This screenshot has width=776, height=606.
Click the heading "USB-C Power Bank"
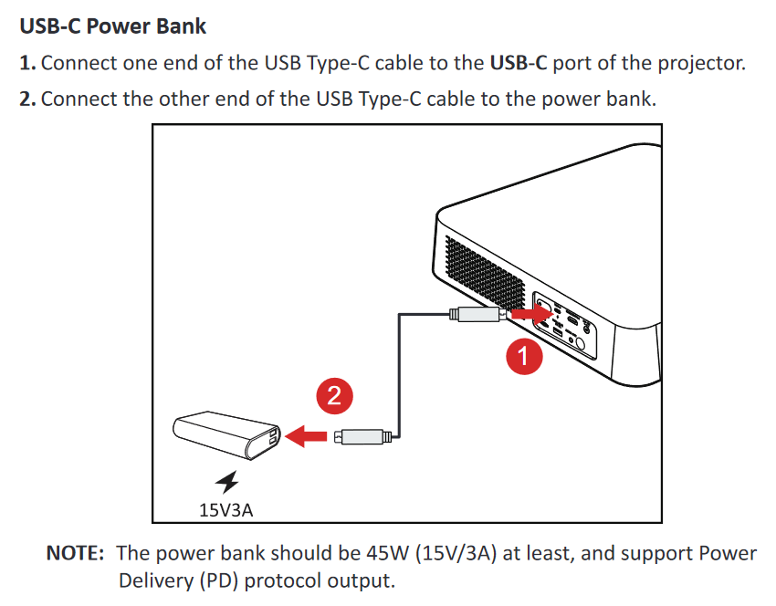coord(113,26)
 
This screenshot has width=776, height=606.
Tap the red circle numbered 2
coord(333,395)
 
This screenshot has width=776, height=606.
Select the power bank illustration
coord(224,435)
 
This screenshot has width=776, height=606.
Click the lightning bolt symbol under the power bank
coord(225,481)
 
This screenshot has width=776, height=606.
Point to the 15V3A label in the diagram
coord(225,508)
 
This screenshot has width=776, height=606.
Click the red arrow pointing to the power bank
coord(306,436)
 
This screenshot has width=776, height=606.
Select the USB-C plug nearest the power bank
coord(363,436)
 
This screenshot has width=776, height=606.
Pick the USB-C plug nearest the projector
coord(477,315)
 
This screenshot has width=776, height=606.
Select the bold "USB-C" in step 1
coord(519,64)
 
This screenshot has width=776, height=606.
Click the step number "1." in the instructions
coord(27,64)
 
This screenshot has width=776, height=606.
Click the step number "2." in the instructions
coord(27,99)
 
